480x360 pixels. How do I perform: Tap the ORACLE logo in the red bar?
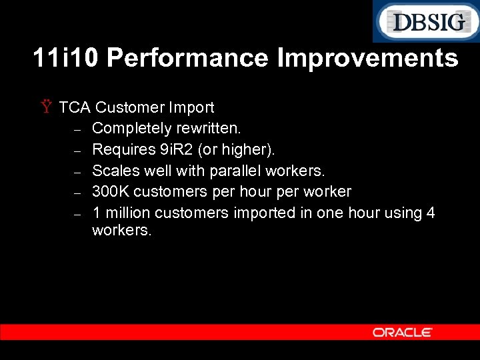click(x=403, y=332)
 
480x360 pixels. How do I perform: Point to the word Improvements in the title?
click(x=367, y=58)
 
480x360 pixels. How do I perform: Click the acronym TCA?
click(x=74, y=107)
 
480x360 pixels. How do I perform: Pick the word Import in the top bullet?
click(x=191, y=107)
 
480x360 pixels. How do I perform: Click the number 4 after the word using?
click(x=431, y=213)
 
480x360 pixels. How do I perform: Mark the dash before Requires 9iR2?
click(x=77, y=151)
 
